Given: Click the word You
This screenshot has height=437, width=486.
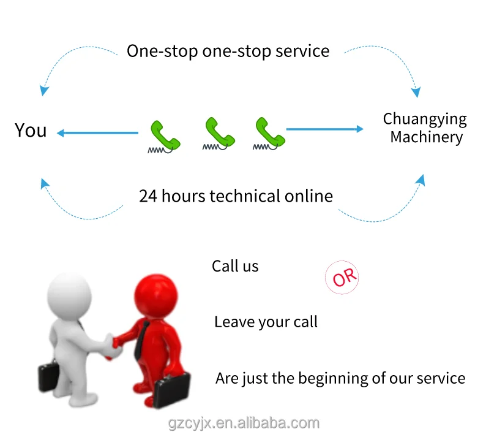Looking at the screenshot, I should click(x=31, y=131).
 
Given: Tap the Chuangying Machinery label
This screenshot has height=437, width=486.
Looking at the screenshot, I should click(x=425, y=127).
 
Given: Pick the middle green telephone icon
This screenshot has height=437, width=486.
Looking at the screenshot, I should click(x=219, y=133).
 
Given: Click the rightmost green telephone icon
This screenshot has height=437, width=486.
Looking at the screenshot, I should click(x=269, y=133).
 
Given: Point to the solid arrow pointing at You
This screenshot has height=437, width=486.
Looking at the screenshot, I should click(x=97, y=132).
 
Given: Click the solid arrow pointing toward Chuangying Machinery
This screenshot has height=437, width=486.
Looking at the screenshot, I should click(x=324, y=129).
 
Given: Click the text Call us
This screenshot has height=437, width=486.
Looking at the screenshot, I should click(x=235, y=267).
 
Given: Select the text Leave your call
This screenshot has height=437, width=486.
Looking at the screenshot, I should click(x=266, y=322).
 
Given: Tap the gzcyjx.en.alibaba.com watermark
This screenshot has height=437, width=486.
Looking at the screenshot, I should click(x=243, y=423).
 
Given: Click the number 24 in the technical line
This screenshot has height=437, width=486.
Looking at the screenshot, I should click(x=148, y=196).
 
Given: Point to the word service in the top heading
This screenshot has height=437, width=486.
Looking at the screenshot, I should click(x=302, y=51).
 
